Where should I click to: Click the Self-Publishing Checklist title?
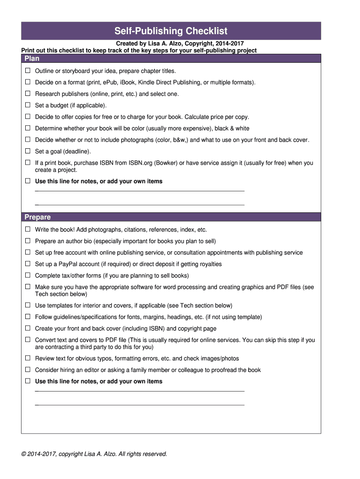171,31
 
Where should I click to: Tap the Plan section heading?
32,58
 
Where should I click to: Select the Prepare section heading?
37,217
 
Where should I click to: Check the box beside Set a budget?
28,105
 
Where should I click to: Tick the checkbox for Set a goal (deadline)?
28,151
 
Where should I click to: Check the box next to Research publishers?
28,94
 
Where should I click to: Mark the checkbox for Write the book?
28,230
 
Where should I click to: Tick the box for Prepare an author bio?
28,241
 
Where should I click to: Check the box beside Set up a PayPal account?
28,264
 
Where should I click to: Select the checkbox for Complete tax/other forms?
28,276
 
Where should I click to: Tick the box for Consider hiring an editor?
28,370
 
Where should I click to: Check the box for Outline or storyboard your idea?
28,71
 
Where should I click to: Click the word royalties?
209,264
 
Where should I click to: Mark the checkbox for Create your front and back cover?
28,328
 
